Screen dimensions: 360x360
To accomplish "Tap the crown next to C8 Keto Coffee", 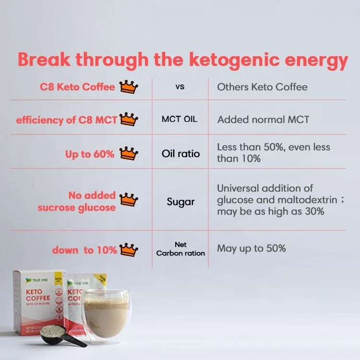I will coord(129,87).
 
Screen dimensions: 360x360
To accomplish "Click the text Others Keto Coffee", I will coord(262,87).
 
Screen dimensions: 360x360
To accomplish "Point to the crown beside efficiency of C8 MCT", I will coord(129,119).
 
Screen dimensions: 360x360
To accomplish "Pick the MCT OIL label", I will coord(180,119).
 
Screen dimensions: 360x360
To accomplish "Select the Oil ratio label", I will coord(180,154).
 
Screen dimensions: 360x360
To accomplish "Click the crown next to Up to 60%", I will coord(129,154).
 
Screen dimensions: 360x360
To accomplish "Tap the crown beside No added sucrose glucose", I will coord(129,200).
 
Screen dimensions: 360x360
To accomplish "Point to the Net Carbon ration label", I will coord(180,249).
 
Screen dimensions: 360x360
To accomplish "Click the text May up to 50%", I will coord(252,248).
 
